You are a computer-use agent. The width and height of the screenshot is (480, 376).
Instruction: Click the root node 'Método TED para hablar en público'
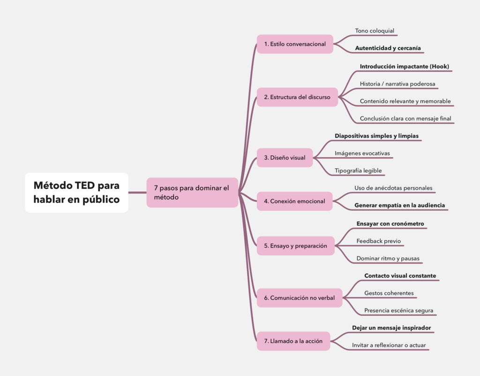pos(76,192)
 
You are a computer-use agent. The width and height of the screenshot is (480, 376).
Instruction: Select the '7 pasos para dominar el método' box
pos(192,192)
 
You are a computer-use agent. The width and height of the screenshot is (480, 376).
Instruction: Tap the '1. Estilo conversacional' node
pos(295,44)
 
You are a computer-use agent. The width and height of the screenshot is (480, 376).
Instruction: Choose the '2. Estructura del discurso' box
pos(297,97)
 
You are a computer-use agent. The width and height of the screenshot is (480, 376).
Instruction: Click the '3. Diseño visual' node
pos(285,158)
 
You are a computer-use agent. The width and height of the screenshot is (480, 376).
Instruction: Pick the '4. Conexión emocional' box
pos(294,201)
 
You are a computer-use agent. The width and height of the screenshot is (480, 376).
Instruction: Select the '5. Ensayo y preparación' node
pos(295,246)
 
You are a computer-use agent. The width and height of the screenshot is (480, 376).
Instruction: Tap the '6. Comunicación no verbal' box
pos(299,298)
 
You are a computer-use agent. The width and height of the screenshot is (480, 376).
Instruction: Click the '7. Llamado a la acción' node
pos(293,341)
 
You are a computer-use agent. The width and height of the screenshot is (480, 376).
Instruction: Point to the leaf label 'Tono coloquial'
pos(375,31)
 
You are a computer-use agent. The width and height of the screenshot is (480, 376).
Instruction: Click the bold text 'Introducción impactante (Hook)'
pos(405,67)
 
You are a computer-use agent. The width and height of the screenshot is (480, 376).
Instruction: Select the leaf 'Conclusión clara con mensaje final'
pos(405,119)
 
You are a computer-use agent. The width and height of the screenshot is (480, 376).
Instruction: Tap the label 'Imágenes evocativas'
pos(362,153)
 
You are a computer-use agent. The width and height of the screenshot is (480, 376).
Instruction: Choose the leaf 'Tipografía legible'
pos(358,171)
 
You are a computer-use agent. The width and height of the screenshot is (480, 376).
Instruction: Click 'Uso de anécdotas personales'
pos(393,188)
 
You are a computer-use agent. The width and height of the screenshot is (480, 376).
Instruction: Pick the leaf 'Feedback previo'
pos(378,241)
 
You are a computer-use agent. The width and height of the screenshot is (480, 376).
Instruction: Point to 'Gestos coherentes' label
pos(389,293)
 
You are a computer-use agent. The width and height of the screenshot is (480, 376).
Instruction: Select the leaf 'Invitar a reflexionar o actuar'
pos(389,345)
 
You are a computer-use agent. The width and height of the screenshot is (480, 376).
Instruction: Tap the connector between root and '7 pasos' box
pos(137,192)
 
